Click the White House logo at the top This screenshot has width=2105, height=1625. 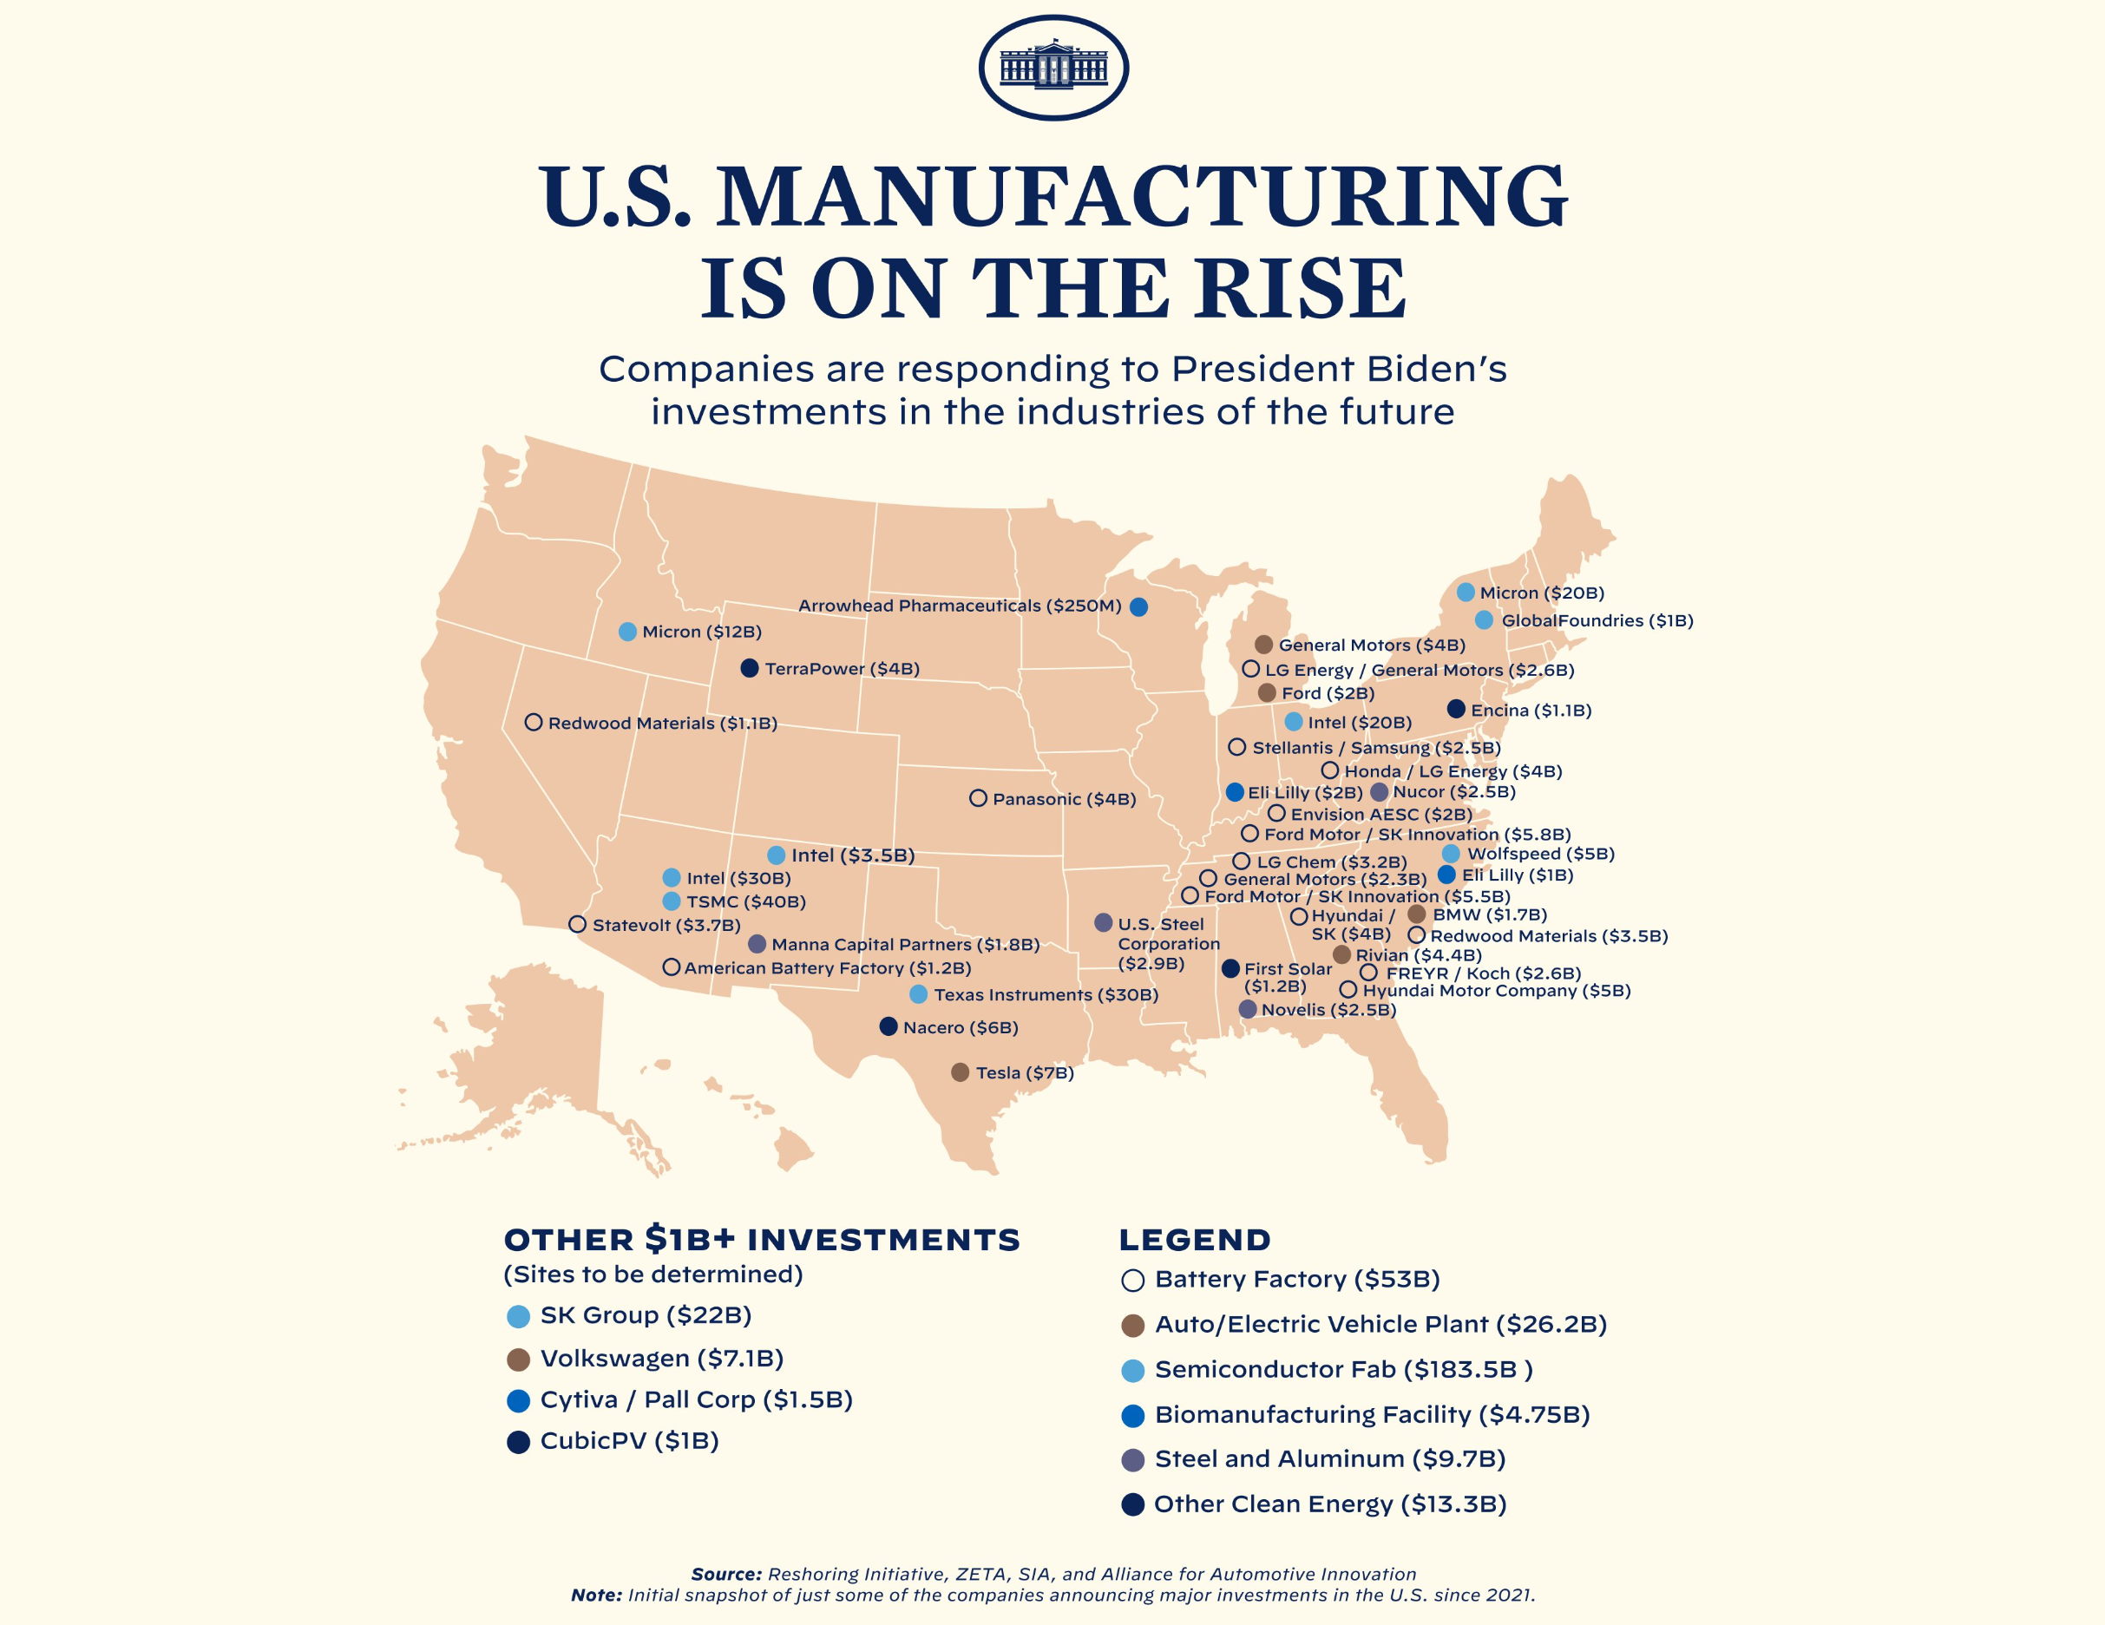[1052, 68]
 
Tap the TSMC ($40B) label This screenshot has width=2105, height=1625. [745, 902]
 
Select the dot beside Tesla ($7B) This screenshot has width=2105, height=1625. [960, 1072]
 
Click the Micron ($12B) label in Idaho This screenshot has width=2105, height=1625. [702, 632]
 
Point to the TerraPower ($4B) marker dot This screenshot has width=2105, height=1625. [749, 668]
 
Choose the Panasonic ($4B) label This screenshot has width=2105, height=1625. [1064, 799]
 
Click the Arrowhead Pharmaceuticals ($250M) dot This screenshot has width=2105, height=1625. [1138, 606]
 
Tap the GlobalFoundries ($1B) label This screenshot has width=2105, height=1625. [1596, 620]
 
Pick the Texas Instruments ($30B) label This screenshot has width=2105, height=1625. [1046, 994]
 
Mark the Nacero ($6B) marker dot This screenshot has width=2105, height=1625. [889, 1026]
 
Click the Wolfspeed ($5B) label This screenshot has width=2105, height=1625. [1540, 854]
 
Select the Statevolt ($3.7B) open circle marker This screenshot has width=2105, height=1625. [577, 924]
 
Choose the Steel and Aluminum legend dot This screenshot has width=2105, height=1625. [1132, 1460]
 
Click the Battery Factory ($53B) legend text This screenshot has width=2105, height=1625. [1296, 1280]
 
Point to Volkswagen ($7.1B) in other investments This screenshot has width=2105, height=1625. [661, 1359]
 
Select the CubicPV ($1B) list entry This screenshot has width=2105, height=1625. [628, 1441]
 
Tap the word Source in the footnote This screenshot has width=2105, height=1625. [725, 1574]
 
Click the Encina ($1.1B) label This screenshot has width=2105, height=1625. [1531, 711]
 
